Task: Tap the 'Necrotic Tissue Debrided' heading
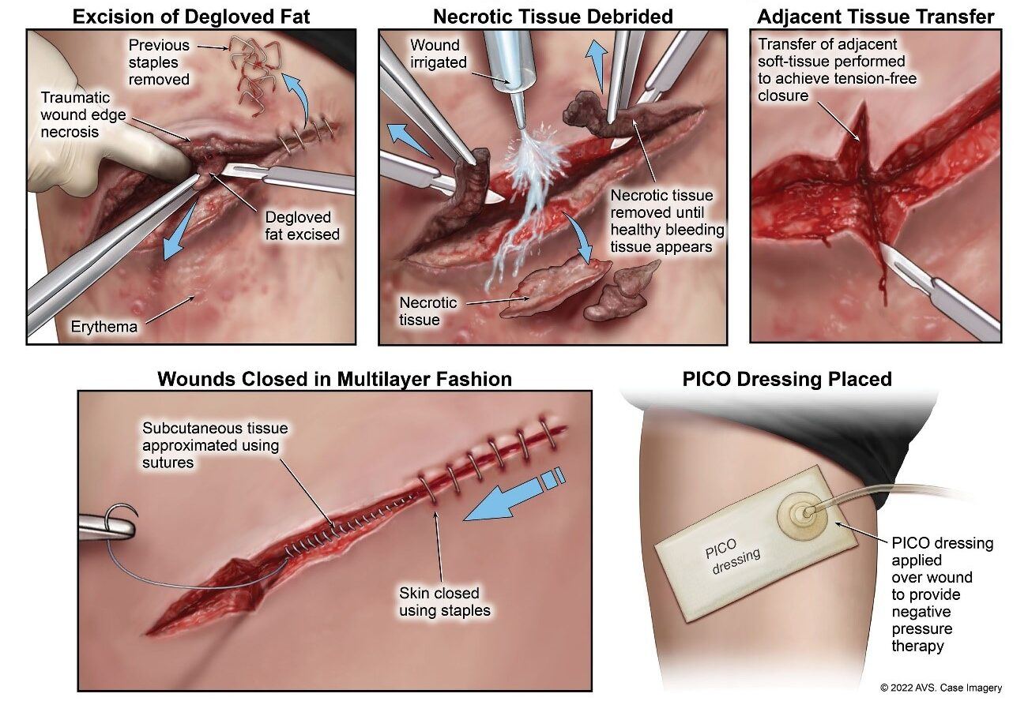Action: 553,16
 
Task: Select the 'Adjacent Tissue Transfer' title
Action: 875,16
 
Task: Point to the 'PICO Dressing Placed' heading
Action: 787,379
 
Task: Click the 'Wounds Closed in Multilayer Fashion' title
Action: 334,379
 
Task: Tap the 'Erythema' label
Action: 104,326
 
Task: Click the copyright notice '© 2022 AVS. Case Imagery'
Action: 941,688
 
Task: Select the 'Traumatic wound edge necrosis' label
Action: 75,114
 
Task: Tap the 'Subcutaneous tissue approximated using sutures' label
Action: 215,445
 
